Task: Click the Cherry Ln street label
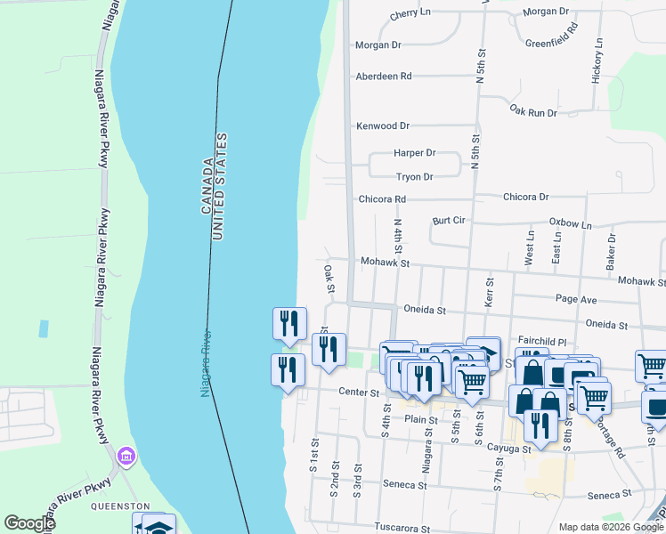point(410,13)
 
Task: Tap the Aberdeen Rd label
point(383,77)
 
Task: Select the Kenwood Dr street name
point(383,126)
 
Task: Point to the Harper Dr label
point(414,153)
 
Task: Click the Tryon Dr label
point(414,177)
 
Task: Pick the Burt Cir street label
point(450,219)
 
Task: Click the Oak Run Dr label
point(533,112)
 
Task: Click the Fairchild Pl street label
point(542,341)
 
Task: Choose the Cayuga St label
point(508,449)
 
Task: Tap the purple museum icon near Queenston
point(126,457)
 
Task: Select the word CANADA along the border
point(207,186)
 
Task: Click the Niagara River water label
point(207,363)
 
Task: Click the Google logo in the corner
point(30,523)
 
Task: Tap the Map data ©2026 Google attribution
point(611,527)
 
